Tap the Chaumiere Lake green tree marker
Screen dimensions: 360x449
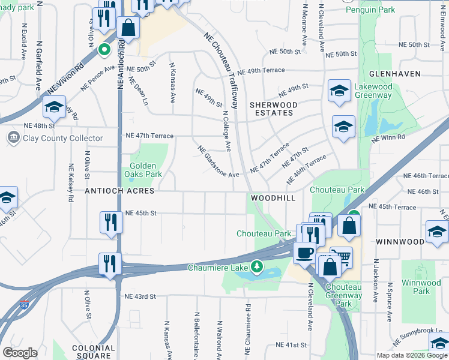[257, 266]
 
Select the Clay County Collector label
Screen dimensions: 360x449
[55, 139]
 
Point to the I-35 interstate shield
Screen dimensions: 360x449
[23, 307]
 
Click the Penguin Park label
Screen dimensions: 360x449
[379, 10]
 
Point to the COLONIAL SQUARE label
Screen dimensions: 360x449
[93, 352]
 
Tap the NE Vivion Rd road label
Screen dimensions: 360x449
[64, 79]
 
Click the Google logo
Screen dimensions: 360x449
[20, 353]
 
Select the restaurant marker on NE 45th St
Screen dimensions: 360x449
[112, 221]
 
